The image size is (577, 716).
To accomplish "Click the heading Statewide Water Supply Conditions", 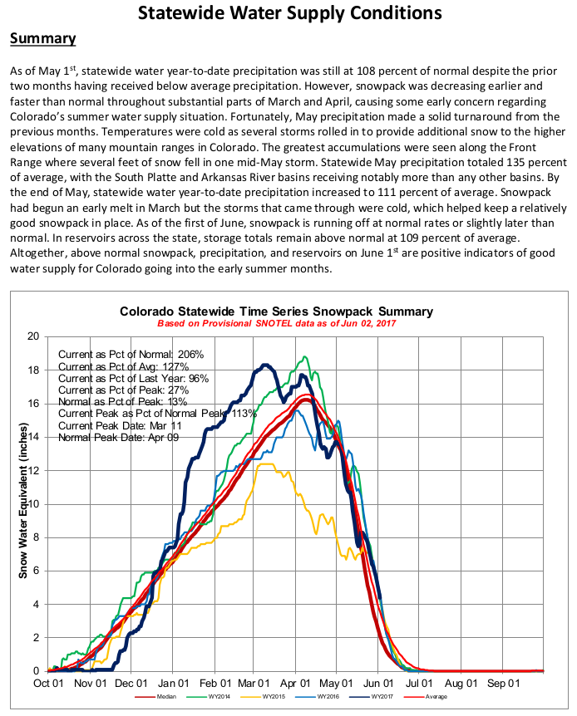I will [x=288, y=13].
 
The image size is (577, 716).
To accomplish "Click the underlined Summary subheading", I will [x=42, y=39].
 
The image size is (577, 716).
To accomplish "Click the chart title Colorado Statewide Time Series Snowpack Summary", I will [x=288, y=311].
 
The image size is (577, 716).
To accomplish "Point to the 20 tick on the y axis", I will [x=33, y=336].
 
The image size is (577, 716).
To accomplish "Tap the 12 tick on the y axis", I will [x=33, y=470].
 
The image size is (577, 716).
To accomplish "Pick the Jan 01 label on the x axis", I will [x=174, y=684].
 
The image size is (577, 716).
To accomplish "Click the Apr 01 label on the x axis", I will [x=295, y=684].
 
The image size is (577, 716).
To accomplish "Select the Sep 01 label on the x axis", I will [x=503, y=684].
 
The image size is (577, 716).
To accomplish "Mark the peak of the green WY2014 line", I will [x=306, y=357].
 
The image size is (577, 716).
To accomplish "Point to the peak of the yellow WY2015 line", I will [x=266, y=463].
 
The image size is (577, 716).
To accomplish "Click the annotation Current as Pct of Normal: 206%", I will [x=131, y=354].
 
